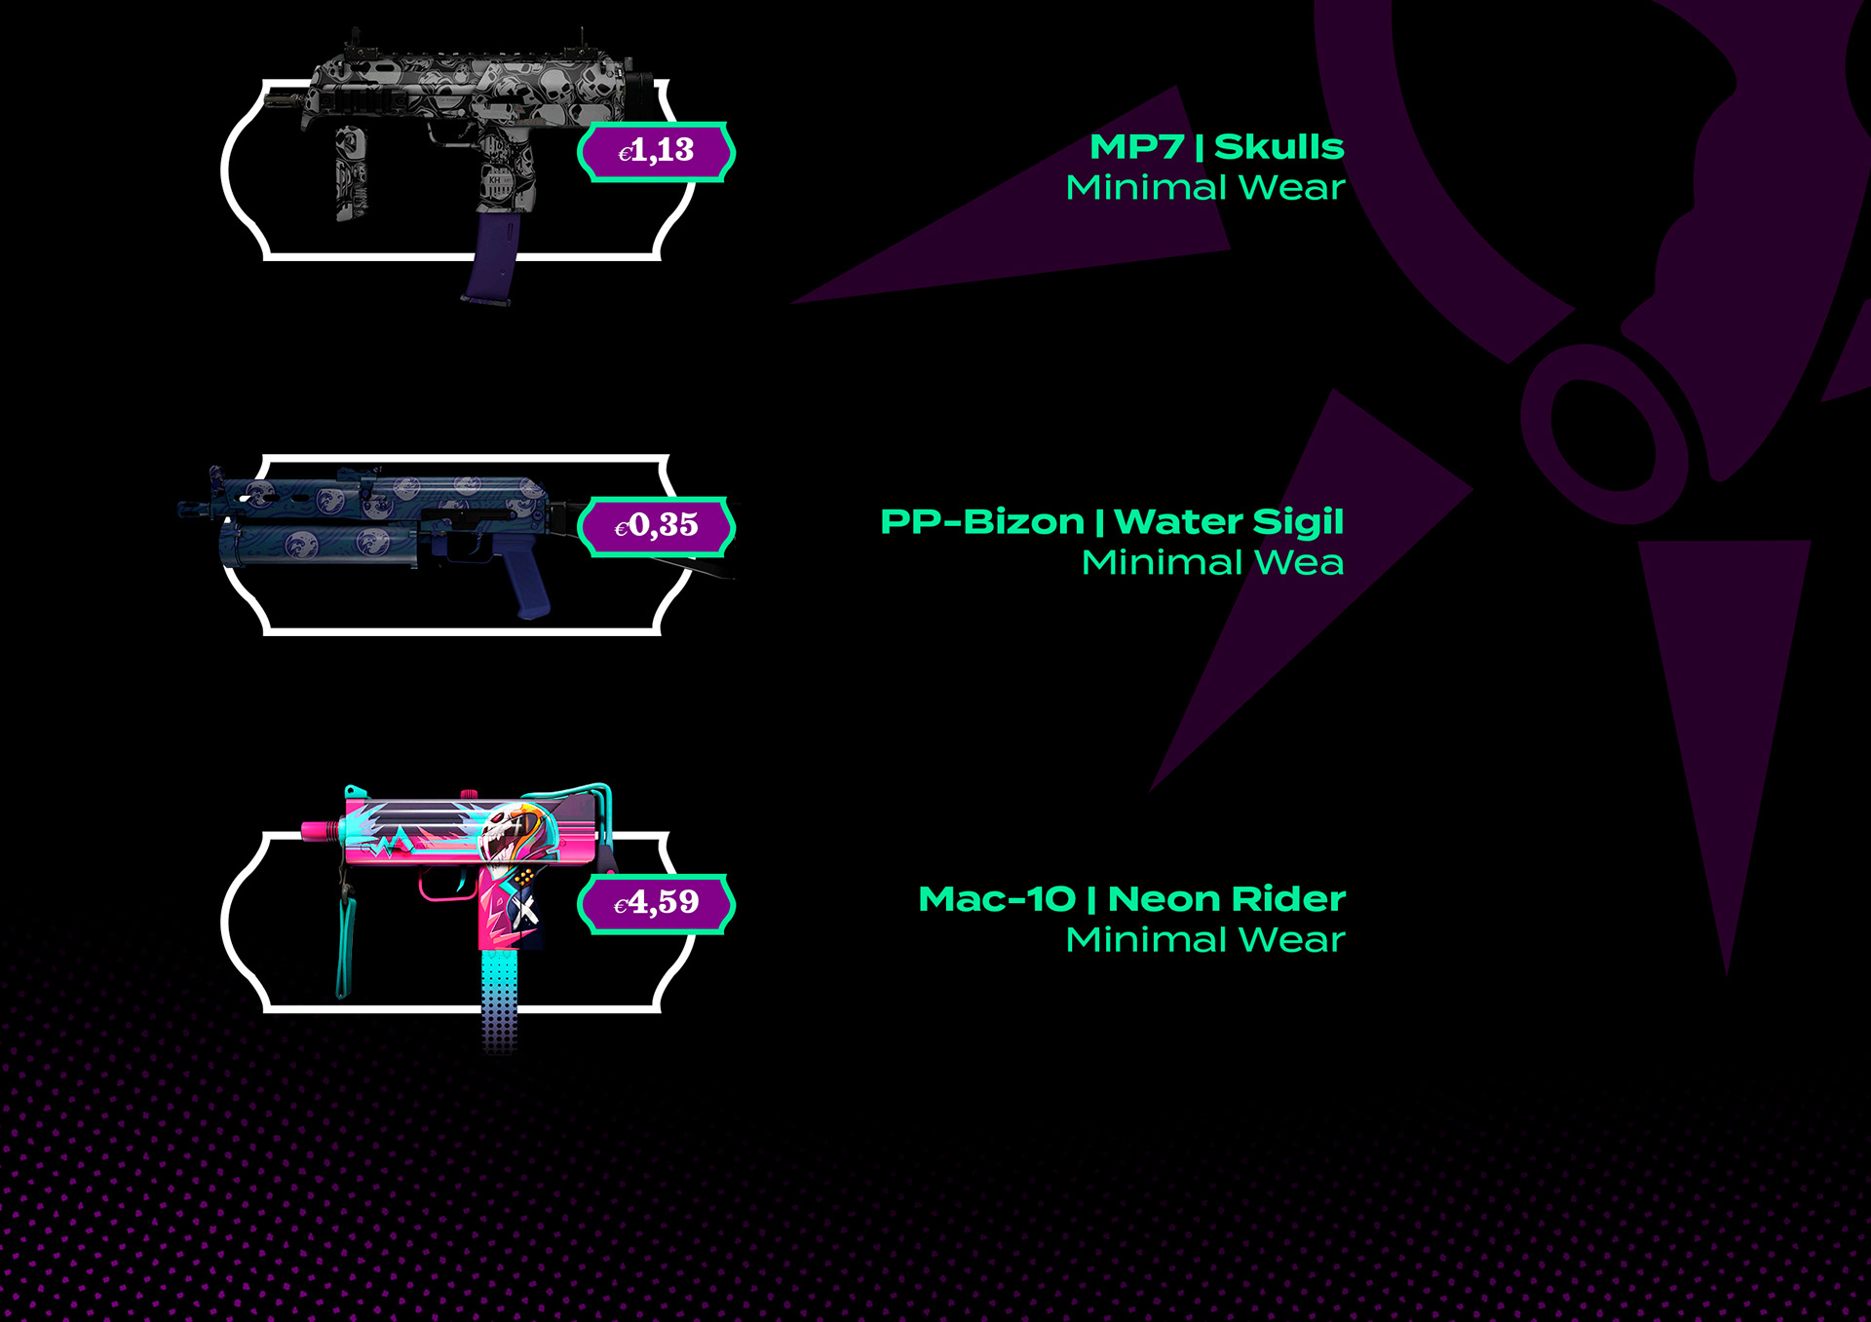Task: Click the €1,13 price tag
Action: point(656,152)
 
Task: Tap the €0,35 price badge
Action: point(656,527)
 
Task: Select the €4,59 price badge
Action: point(656,903)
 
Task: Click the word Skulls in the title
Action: point(1279,147)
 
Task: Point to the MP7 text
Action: point(1136,147)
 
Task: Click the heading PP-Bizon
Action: point(981,522)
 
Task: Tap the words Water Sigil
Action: point(1228,522)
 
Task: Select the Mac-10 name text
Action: point(996,899)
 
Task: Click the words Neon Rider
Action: point(1226,899)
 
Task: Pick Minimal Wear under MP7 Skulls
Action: point(1204,188)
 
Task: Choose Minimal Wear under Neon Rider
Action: point(1204,940)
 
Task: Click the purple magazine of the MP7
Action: point(493,259)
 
